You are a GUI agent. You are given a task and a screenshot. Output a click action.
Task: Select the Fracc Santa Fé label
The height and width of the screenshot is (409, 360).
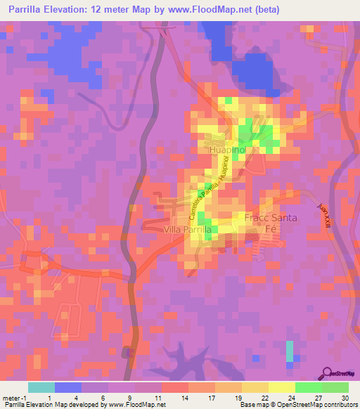271,223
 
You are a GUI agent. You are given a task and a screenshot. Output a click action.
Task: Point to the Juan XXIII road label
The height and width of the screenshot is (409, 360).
325,214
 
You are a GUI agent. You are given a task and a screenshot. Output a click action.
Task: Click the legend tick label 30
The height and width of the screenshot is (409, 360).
344,398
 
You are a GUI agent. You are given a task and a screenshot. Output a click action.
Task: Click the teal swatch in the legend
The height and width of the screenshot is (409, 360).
41,387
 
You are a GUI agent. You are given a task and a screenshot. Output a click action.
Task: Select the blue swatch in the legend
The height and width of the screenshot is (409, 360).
68,387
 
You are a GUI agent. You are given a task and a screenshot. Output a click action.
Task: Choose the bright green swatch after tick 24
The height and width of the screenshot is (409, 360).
308,387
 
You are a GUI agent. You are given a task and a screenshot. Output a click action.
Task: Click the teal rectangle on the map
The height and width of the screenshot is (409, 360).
290,351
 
